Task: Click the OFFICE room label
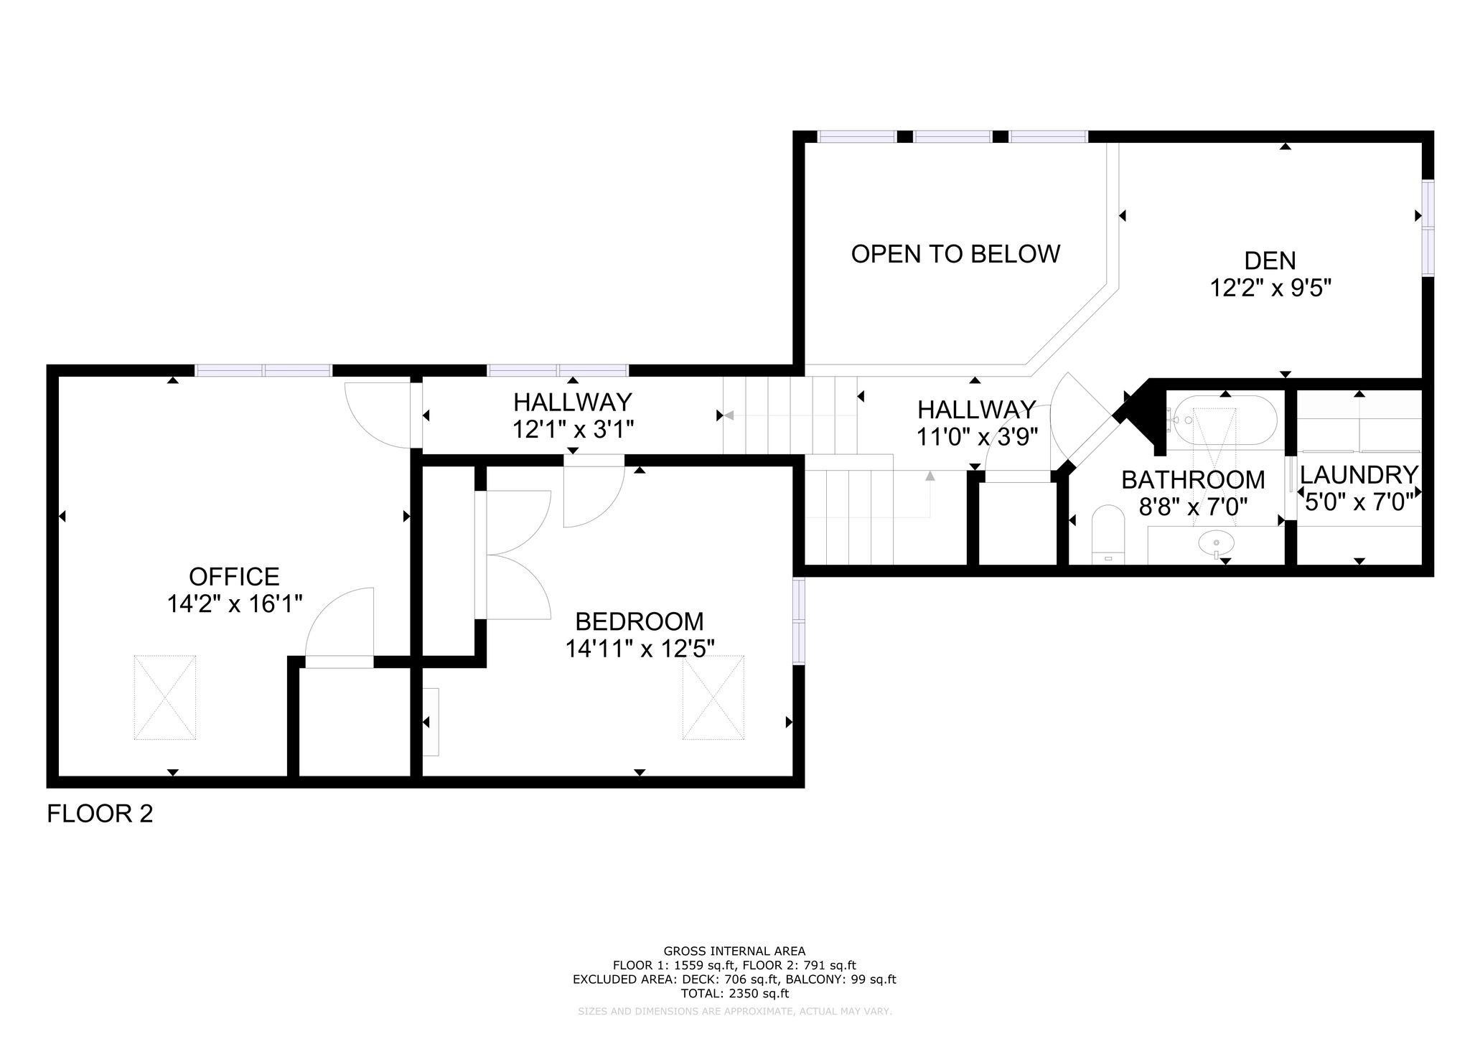234,576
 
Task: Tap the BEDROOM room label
640,621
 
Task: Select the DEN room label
1270,260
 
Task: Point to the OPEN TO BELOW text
955,253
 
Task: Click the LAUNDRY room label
1359,475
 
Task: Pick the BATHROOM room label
1193,479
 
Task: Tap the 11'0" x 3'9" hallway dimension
977,437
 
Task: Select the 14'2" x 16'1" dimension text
234,604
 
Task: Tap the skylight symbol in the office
165,697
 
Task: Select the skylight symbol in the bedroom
713,697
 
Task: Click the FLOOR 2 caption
100,814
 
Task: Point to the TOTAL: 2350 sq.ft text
734,994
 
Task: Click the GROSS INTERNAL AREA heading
734,951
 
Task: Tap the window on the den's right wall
1428,228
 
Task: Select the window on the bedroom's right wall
799,620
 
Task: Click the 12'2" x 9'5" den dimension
1270,288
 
